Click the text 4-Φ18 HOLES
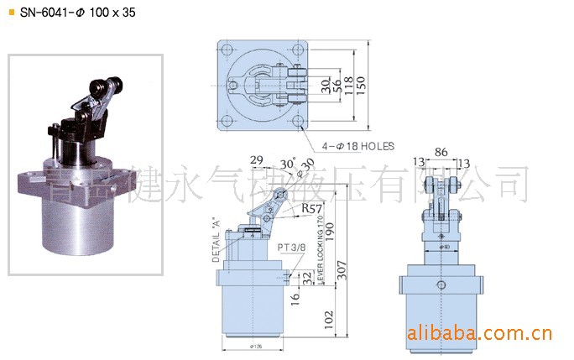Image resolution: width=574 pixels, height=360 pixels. click(x=356, y=146)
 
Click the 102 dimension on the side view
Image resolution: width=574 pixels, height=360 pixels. click(x=328, y=319)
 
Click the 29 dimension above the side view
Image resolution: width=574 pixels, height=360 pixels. click(x=258, y=159)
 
